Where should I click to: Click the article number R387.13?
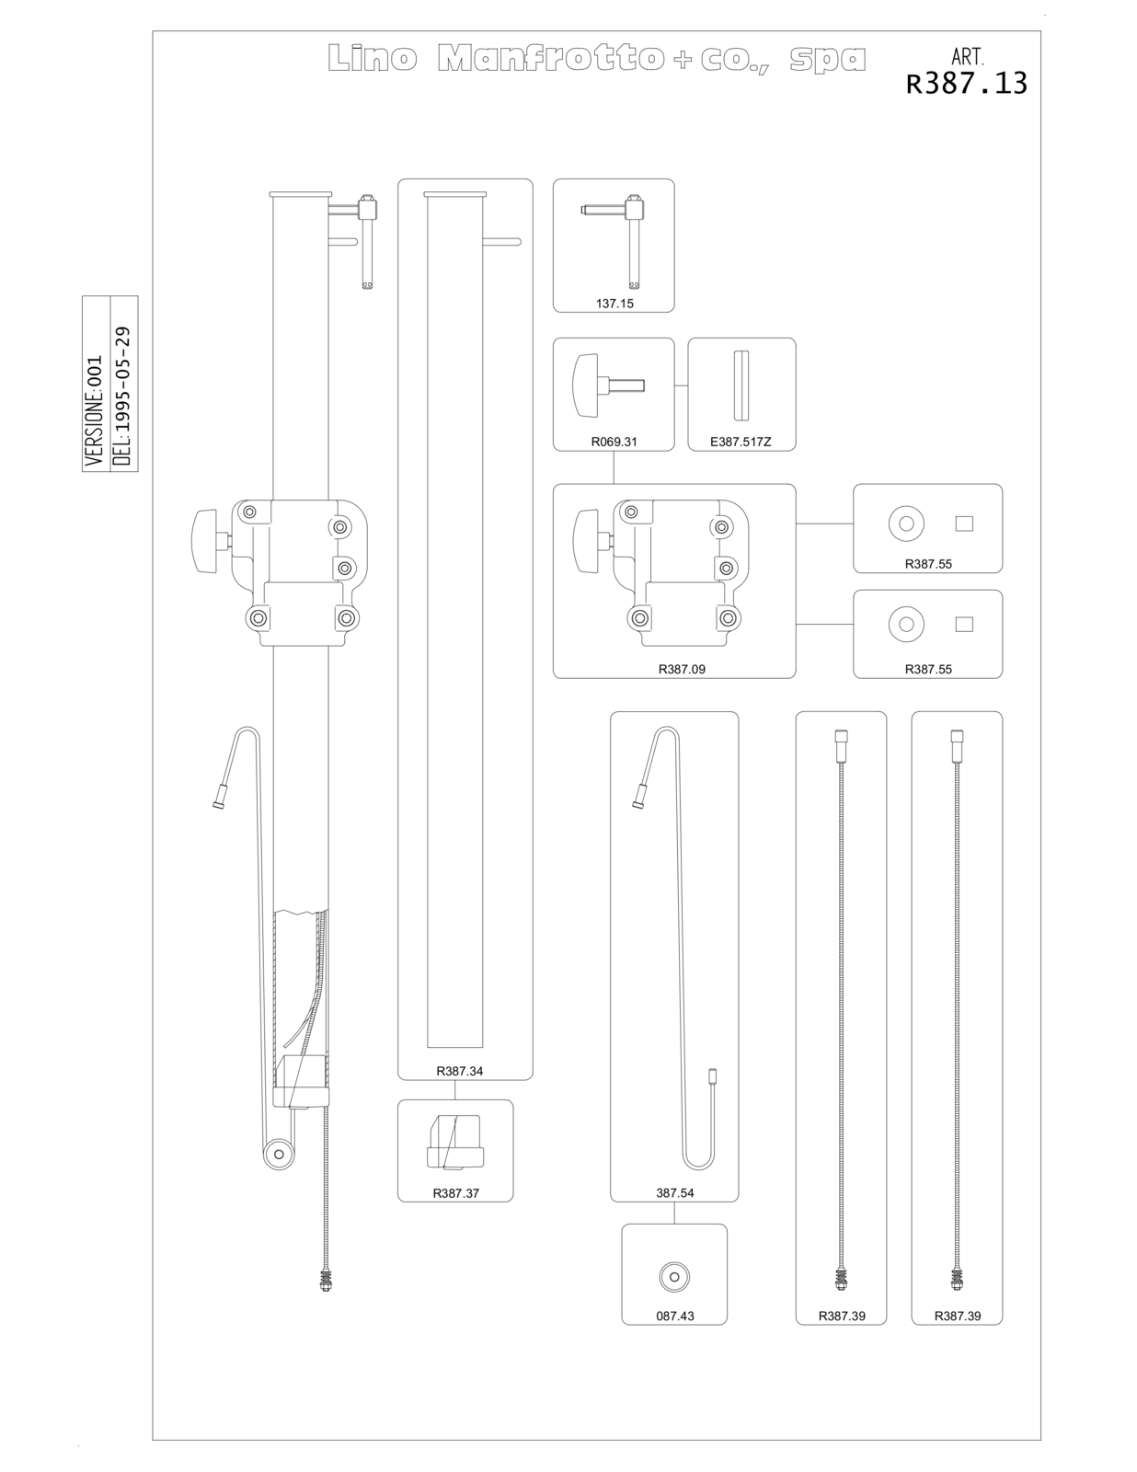(x=966, y=84)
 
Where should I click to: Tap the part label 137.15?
(x=614, y=304)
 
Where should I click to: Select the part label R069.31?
(x=614, y=442)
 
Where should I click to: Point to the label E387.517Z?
(x=741, y=442)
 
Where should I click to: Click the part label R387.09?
(x=682, y=669)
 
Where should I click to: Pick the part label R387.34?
(x=459, y=1071)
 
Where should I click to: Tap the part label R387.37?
(x=455, y=1193)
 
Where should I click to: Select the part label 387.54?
(x=674, y=1192)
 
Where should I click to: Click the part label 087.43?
(x=674, y=1316)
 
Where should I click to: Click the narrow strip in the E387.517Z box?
(x=741, y=385)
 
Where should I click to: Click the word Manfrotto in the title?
(x=551, y=58)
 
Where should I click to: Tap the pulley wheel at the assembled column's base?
(x=279, y=1154)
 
